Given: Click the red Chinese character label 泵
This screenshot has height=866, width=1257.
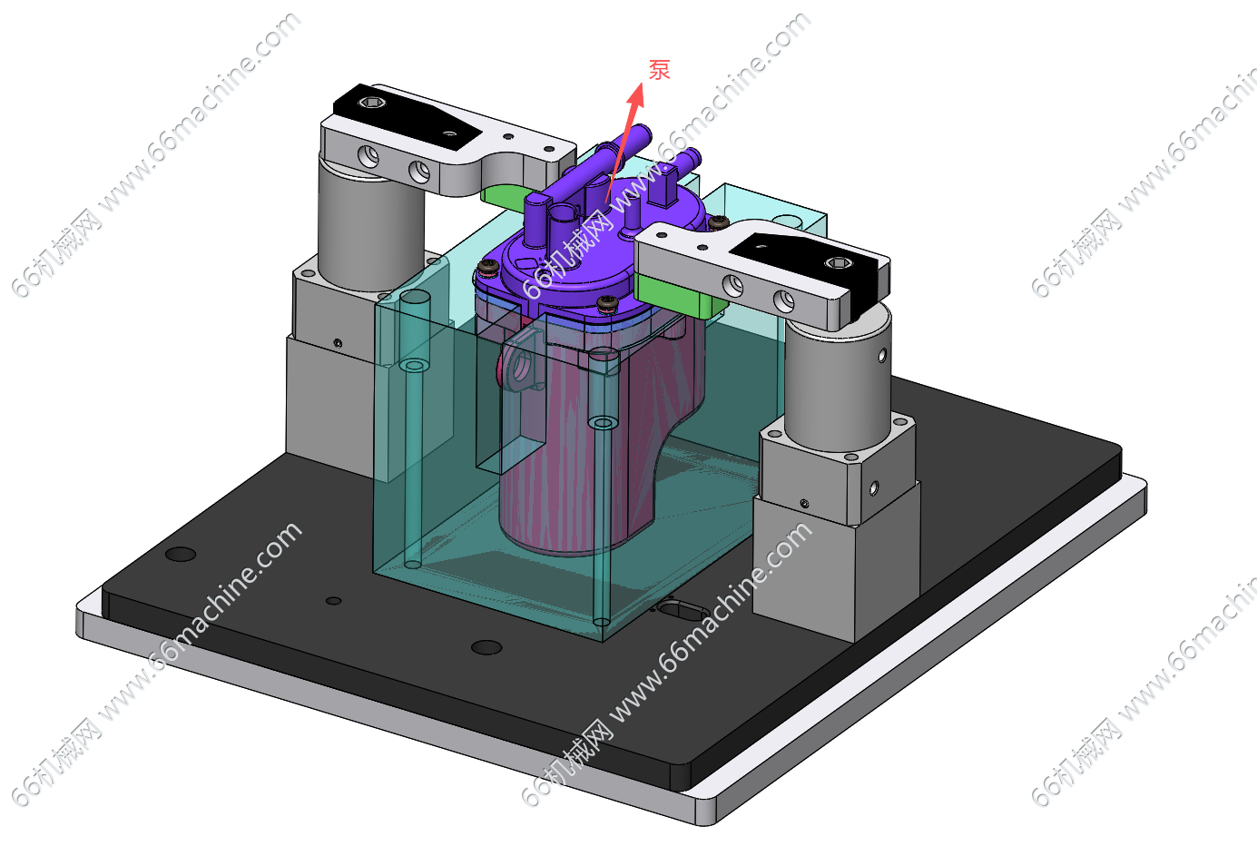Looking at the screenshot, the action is [660, 70].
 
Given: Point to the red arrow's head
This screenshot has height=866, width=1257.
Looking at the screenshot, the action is [636, 94].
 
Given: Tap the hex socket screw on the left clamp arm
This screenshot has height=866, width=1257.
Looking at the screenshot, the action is [373, 103].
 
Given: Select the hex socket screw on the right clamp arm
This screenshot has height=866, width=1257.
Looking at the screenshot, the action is [838, 262].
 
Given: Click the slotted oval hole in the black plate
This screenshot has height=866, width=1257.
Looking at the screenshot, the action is [683, 610].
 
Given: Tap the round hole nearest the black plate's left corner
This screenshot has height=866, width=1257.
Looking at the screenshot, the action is [181, 554].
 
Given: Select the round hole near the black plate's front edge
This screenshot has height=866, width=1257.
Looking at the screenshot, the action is [486, 647].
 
